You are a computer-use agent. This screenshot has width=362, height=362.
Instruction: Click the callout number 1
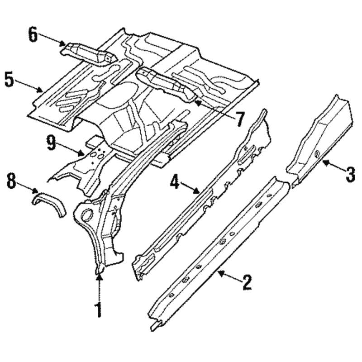(x=99, y=310)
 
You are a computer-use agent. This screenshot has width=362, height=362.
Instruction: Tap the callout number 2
(x=247, y=282)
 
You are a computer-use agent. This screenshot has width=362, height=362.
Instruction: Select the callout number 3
(x=350, y=175)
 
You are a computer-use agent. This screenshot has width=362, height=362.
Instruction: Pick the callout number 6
(x=33, y=34)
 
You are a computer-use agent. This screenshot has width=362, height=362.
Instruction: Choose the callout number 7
(x=239, y=119)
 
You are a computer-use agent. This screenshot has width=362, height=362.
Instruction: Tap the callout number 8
(x=12, y=181)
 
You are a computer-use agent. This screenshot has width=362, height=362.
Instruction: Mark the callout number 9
(x=51, y=143)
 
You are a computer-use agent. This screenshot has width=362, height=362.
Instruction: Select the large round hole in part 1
(x=87, y=214)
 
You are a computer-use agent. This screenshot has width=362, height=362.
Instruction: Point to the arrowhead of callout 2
(x=221, y=274)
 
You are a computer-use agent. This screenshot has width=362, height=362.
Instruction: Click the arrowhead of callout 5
(x=40, y=90)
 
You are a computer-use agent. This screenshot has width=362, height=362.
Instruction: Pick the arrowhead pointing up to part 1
(x=99, y=278)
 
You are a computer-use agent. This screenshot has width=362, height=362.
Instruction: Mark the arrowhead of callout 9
(x=81, y=153)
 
